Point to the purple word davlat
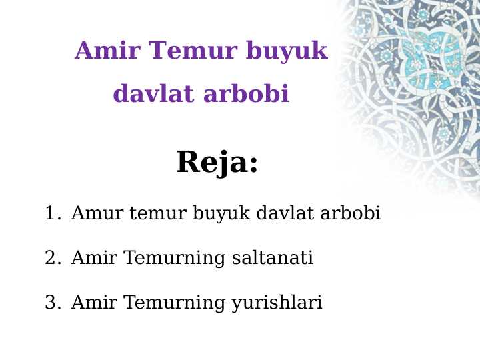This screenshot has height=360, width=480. coord(153,94)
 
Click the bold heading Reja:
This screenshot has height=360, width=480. coord(217,162)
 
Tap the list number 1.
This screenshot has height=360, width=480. coord(51,213)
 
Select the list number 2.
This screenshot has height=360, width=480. coord(51,258)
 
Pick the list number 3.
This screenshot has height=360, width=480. coord(51,303)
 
